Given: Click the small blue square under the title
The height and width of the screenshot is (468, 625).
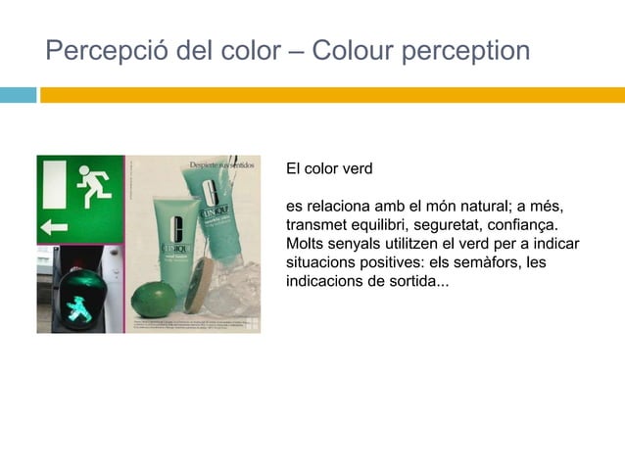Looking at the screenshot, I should [18, 95].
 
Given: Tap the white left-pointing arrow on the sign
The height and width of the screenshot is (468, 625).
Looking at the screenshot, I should [54, 227].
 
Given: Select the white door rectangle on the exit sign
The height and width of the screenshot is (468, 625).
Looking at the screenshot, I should [54, 183].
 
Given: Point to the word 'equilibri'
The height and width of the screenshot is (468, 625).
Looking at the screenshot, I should [371, 225].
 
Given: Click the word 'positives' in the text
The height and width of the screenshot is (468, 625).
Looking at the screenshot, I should [394, 262].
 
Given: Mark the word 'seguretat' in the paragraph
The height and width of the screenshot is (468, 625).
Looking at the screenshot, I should [445, 225].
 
